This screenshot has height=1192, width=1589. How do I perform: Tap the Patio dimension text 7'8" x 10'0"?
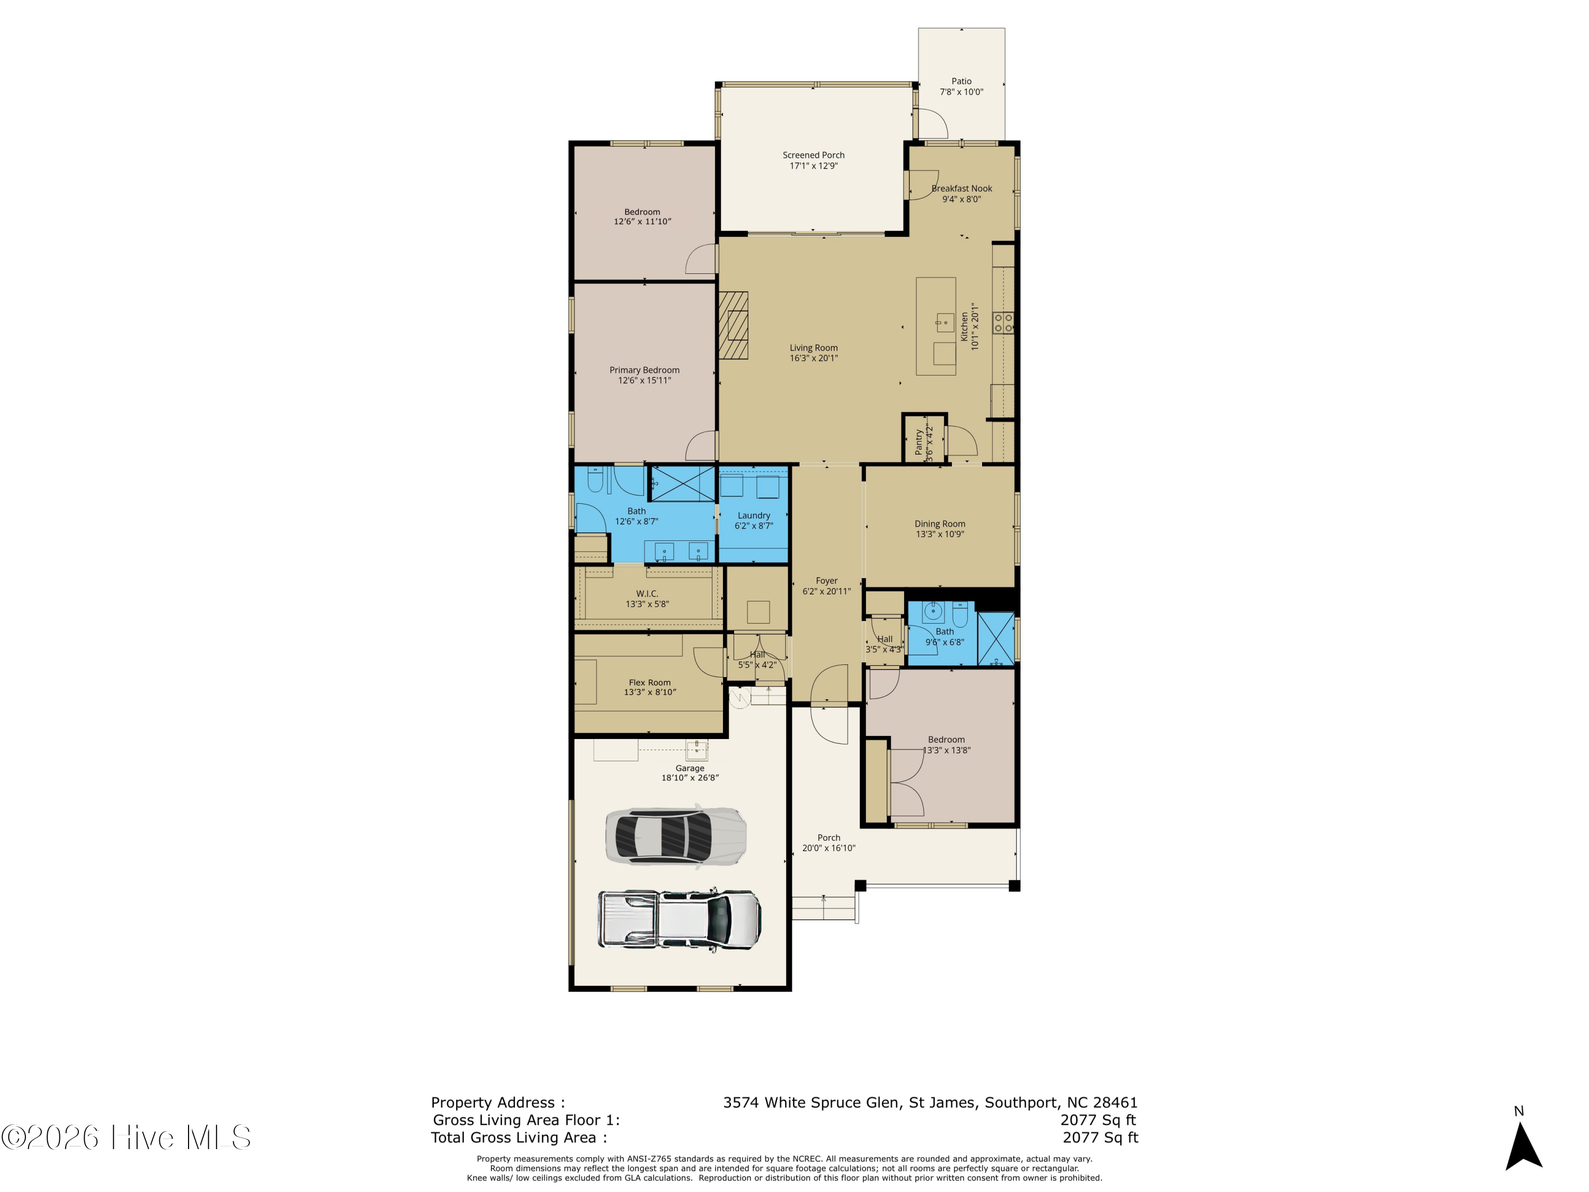coord(961,92)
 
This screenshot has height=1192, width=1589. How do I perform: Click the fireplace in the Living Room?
coord(734,325)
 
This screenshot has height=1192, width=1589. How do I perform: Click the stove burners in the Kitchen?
coord(1003,323)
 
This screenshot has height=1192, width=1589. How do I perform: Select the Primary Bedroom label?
coord(645,370)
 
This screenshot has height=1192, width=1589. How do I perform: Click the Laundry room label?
coord(754,515)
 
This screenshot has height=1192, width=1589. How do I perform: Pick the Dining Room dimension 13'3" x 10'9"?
coord(940,534)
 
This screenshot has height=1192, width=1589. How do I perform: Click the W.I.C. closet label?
coord(647,593)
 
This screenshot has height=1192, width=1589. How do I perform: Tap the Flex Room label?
coord(649,682)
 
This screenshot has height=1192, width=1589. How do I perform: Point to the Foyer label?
coord(826,581)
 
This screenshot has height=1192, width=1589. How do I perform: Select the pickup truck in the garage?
coord(680,920)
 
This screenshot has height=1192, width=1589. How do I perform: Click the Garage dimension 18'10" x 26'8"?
coord(690,777)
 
